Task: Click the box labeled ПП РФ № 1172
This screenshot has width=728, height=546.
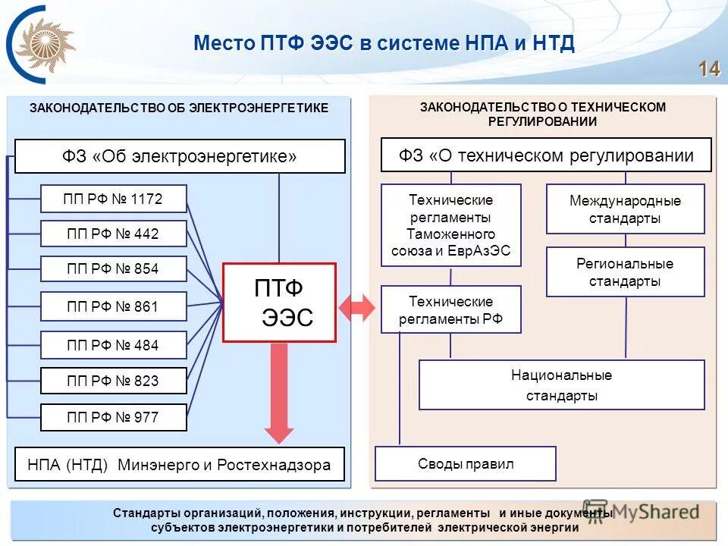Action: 113,199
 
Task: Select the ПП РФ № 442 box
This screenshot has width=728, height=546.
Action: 113,234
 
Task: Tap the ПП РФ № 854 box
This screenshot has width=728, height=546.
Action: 113,269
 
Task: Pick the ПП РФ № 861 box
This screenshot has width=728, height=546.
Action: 113,306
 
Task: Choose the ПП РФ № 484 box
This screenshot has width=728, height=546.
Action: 113,345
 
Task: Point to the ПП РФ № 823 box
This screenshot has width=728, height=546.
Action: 113,381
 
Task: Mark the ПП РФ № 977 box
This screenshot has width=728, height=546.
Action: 113,417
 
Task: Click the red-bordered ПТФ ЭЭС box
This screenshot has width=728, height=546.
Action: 279,303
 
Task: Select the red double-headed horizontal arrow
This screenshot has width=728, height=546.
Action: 356,308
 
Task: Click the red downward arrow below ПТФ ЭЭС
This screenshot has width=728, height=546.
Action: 279,394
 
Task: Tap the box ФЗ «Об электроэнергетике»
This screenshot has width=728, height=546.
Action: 180,156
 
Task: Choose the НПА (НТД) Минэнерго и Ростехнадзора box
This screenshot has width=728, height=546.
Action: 179,464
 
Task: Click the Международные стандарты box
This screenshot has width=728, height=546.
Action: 625,209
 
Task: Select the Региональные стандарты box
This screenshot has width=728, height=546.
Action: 625,272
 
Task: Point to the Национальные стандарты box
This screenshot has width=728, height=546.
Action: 561,385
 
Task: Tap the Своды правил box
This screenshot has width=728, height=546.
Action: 465,464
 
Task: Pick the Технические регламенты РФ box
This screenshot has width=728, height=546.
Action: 450,309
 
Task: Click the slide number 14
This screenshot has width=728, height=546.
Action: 708,69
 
